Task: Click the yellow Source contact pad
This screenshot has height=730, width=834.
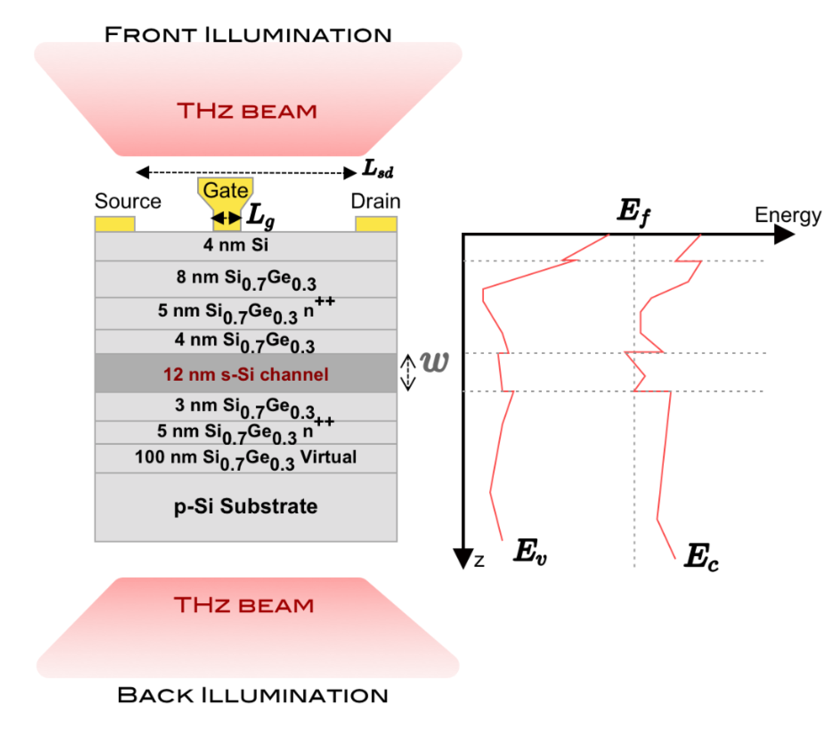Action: (x=115, y=224)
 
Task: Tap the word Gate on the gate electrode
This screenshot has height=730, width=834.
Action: (x=226, y=190)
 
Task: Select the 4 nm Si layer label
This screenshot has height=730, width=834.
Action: (x=236, y=245)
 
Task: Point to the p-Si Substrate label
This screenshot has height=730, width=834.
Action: (x=246, y=506)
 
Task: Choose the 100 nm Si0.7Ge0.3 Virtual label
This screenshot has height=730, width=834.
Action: (x=246, y=458)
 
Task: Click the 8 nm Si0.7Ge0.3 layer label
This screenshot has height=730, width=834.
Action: (x=246, y=279)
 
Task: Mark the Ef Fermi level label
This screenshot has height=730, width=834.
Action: (x=633, y=212)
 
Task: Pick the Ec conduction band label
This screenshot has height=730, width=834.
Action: (x=701, y=557)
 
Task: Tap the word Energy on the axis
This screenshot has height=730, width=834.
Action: (x=788, y=215)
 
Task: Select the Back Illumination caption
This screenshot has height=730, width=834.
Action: (x=252, y=696)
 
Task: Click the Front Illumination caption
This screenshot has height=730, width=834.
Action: (x=248, y=35)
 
